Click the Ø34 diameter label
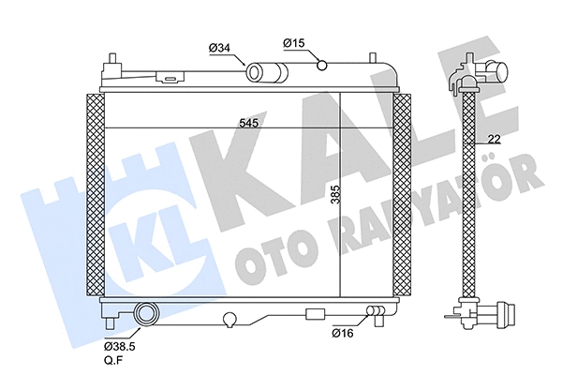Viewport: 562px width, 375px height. [219, 47]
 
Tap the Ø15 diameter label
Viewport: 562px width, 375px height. [294, 42]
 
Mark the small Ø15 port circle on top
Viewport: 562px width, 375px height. [322, 65]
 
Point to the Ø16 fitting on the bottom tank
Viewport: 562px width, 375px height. [377, 311]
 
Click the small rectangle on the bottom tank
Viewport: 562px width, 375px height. [316, 313]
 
